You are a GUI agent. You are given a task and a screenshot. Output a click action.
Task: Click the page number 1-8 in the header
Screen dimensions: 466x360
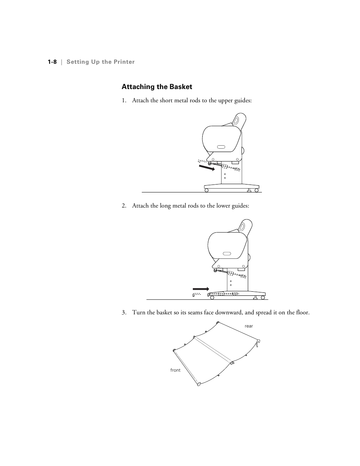[52, 62]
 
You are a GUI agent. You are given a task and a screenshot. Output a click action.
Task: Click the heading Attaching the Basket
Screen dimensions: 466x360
[157, 87]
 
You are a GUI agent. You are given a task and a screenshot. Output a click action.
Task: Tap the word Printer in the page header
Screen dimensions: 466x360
[123, 62]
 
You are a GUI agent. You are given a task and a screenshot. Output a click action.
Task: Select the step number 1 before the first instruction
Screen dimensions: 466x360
[123, 100]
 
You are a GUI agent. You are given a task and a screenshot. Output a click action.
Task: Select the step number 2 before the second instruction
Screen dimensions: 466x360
[123, 206]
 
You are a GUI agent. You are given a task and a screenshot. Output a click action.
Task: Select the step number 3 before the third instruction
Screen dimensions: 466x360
[123, 312]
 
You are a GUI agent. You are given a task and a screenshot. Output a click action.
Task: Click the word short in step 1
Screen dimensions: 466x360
[166, 100]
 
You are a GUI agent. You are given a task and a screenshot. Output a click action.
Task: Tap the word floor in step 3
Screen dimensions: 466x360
[302, 312]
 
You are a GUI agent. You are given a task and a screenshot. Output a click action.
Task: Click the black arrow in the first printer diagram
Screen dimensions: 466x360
[206, 167]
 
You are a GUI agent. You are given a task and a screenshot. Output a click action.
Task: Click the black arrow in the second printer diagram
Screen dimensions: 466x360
[201, 289]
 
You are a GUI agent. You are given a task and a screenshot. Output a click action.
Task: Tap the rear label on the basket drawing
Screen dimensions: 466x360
[249, 326]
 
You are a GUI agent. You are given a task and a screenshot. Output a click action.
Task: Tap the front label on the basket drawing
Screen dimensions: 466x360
[175, 370]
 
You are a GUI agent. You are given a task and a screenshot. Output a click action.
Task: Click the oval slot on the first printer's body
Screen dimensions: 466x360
[221, 147]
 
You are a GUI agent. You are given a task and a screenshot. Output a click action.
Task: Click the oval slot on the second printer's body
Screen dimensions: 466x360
[227, 253]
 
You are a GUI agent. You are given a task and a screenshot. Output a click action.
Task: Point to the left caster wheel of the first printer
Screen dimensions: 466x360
[206, 190]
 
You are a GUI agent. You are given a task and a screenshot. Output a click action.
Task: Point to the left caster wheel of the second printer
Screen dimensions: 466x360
[212, 297]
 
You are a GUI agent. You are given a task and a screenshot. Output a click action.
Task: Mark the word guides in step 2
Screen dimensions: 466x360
[241, 206]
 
